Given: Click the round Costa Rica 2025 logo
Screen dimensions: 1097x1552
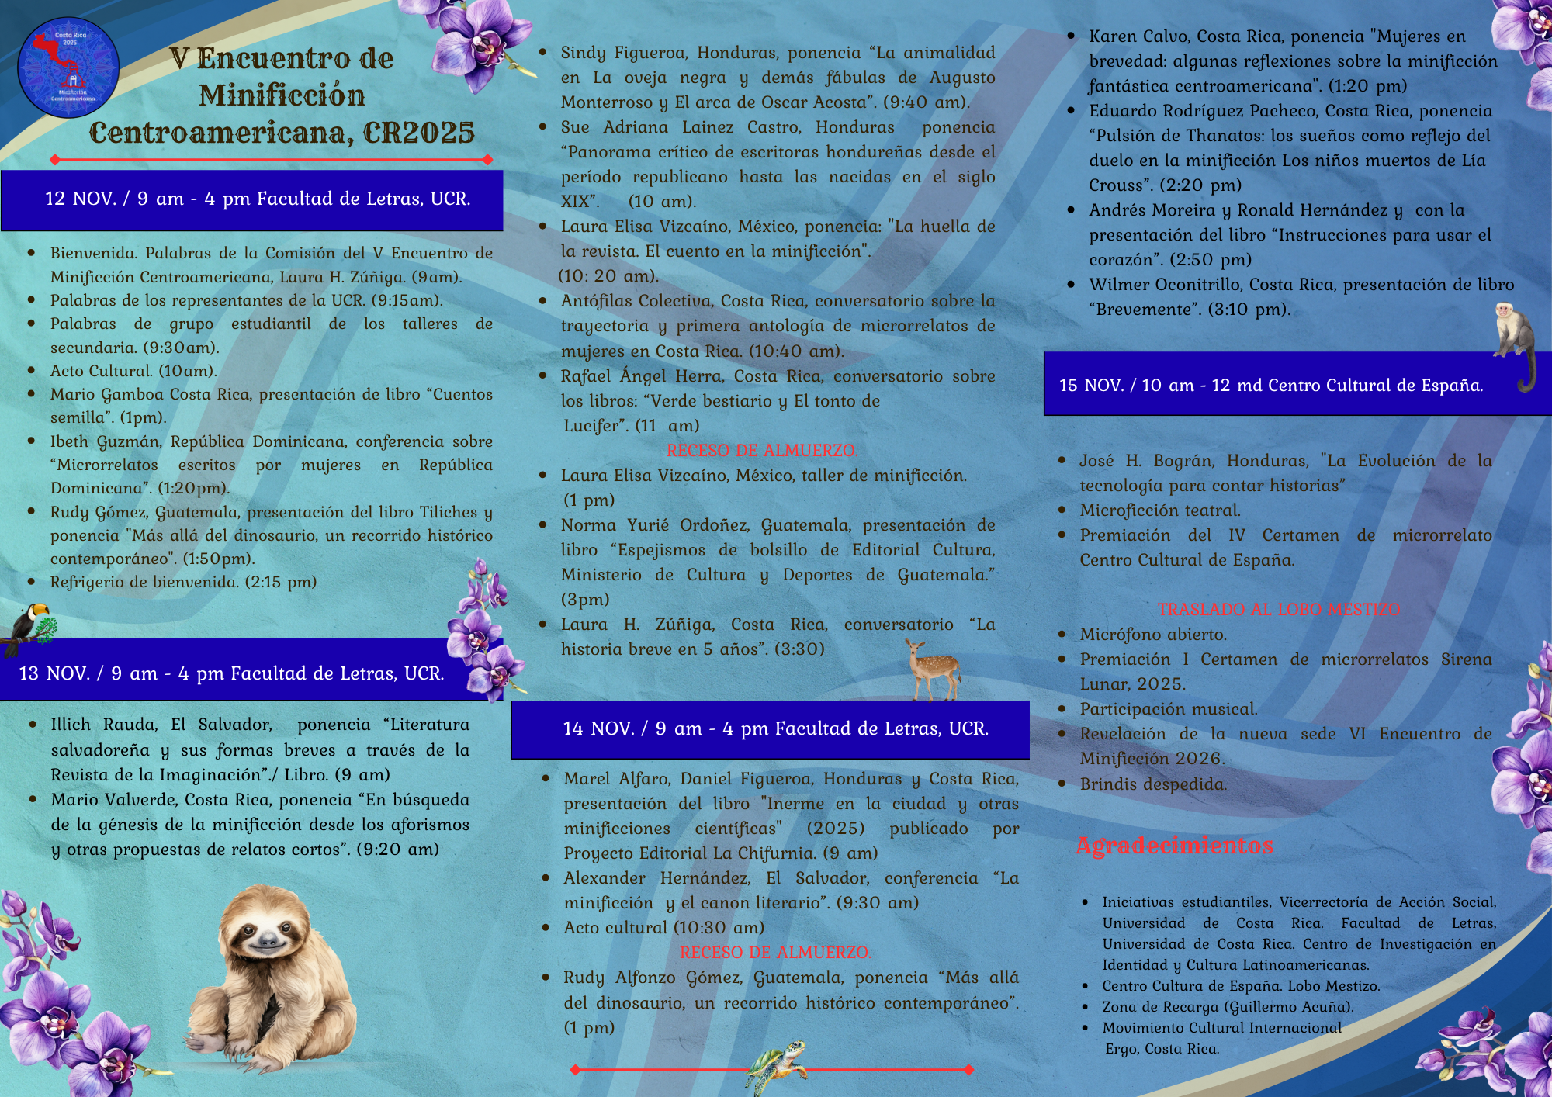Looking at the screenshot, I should coord(68,67).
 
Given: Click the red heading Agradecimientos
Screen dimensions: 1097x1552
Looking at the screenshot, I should coord(1174,845).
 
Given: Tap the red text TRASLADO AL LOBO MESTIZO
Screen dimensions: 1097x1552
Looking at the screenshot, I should coord(1279,609).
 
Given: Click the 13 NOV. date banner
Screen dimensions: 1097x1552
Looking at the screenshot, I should coord(233,673).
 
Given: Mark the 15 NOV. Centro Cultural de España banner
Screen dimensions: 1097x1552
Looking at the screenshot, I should coord(1273,385).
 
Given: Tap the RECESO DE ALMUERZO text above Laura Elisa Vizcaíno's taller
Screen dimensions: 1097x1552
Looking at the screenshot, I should coord(761,450).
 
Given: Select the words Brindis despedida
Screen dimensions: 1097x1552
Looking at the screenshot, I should coord(1153,784).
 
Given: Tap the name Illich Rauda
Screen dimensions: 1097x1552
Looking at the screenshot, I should coord(104,725).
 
